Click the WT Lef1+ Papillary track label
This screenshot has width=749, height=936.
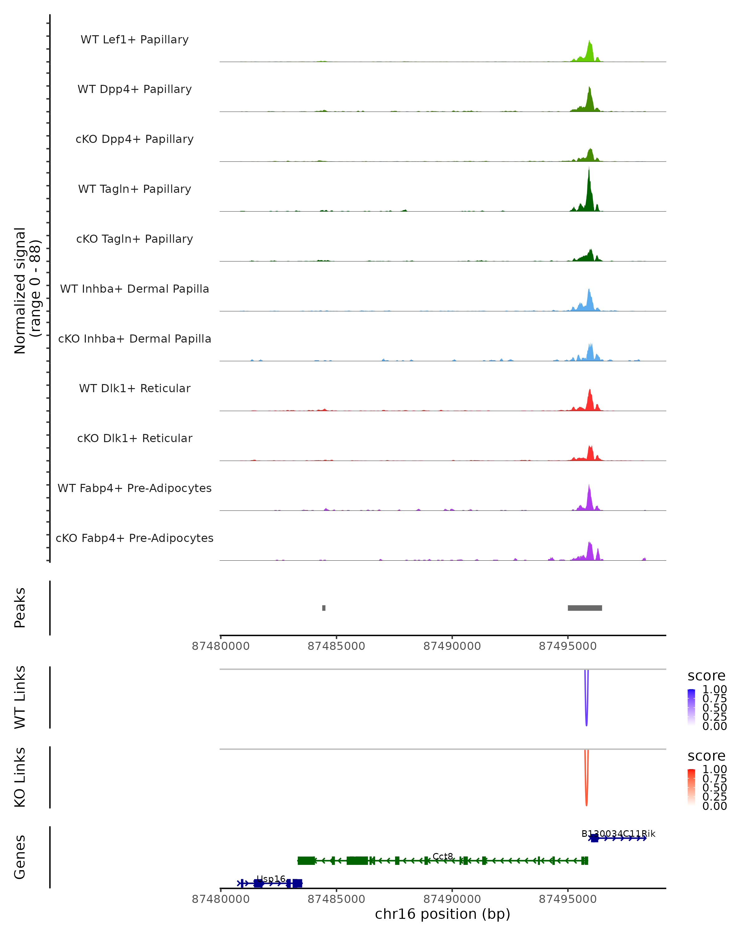click(135, 40)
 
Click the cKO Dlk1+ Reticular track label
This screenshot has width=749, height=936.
click(135, 438)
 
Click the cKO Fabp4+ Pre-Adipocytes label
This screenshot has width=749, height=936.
click(135, 538)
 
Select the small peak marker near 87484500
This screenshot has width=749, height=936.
click(324, 608)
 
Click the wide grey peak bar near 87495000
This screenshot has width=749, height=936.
click(585, 608)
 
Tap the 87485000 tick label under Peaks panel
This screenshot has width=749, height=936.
click(336, 646)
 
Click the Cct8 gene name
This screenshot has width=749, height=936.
click(443, 856)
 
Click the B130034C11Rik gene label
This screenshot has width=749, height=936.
click(618, 834)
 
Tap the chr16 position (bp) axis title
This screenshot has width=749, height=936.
click(443, 914)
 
